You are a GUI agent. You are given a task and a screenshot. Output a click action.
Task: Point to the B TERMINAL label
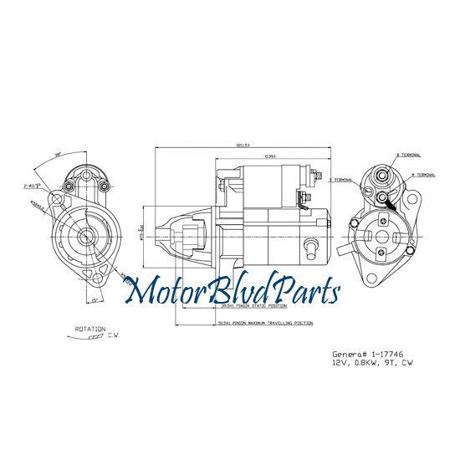[409, 156]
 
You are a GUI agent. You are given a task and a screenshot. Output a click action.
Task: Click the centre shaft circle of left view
[86, 237]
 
